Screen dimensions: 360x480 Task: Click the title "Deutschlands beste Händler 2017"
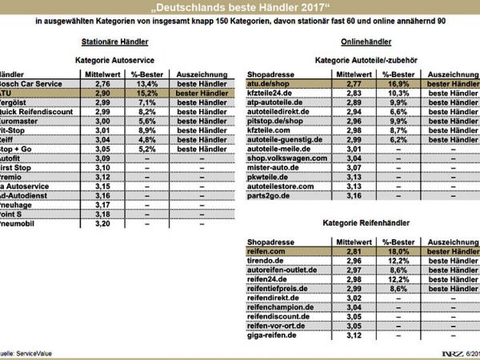[240, 7]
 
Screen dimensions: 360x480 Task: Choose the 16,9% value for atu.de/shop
[398, 82]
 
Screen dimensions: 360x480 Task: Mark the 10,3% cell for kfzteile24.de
[398, 94]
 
